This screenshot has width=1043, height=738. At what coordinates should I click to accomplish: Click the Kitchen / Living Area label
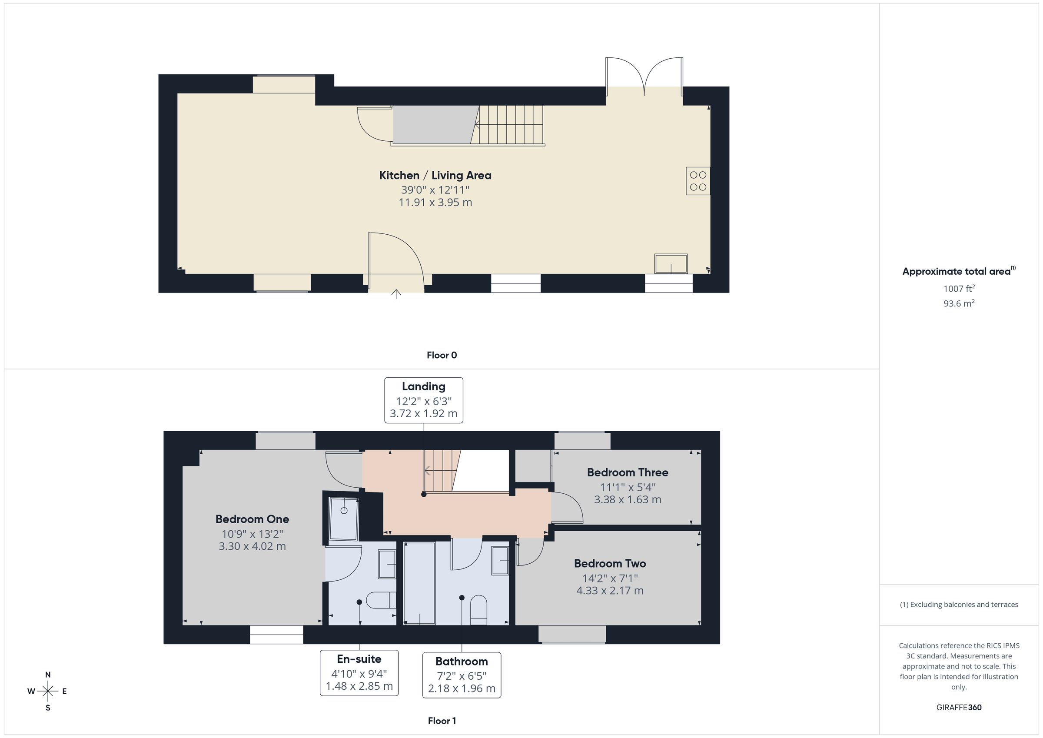[435, 176]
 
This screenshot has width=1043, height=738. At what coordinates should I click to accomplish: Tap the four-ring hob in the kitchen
[698, 181]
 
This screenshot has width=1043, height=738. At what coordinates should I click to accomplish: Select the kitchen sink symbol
[671, 263]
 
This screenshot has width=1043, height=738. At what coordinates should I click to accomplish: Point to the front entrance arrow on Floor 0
[396, 294]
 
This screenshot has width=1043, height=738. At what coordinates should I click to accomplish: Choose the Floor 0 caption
[442, 356]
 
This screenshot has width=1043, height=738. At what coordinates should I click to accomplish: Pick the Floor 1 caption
[442, 721]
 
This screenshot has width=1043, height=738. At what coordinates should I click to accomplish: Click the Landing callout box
[424, 400]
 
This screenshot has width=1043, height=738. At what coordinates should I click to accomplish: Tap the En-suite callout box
[359, 672]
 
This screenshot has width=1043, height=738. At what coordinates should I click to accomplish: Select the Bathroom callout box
[462, 675]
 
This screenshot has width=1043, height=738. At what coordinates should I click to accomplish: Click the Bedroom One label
[252, 519]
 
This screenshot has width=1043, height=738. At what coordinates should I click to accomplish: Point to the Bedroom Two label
[610, 564]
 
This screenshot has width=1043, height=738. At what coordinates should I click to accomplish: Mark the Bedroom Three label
[628, 472]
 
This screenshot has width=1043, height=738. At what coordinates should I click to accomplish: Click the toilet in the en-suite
[381, 600]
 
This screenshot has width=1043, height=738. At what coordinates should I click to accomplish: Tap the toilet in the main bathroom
[478, 610]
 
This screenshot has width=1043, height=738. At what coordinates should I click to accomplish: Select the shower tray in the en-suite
[344, 518]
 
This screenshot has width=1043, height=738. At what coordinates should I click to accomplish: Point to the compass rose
[48, 691]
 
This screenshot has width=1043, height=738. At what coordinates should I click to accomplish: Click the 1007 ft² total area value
[959, 288]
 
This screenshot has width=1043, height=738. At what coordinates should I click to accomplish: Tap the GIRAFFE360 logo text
[959, 708]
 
